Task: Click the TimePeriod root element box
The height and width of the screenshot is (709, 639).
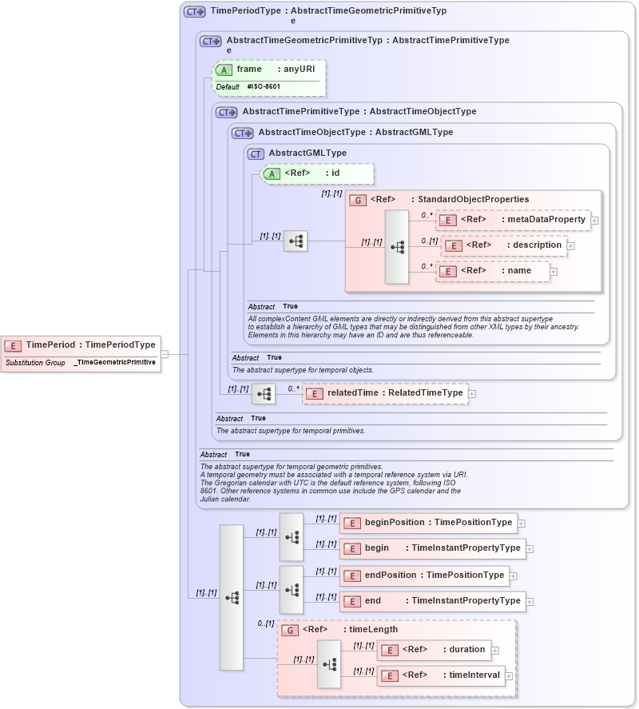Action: [80, 345]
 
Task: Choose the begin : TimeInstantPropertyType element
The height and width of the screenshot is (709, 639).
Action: [432, 548]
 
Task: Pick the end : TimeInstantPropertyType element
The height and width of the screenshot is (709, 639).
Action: [432, 601]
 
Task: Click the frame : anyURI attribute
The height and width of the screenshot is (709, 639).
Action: [268, 70]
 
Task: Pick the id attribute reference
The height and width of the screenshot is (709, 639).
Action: [318, 173]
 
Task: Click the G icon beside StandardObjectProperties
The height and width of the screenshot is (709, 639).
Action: [359, 200]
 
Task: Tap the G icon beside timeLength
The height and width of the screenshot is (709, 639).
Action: [292, 630]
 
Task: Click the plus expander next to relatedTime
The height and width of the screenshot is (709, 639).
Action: [472, 393]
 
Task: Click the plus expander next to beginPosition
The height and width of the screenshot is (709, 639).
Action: [522, 524]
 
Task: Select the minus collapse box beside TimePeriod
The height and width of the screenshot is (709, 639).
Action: [164, 353]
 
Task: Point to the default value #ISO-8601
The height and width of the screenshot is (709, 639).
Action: [264, 86]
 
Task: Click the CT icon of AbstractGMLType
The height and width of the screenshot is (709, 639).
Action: [256, 153]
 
